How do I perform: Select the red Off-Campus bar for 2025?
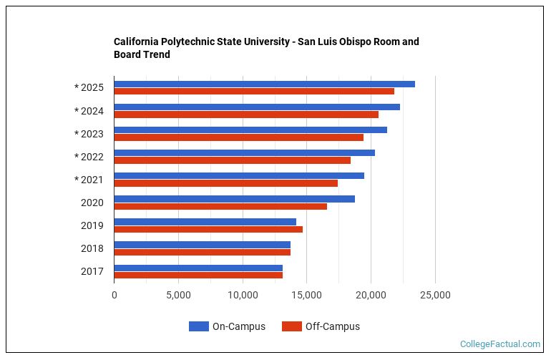pos(254,92)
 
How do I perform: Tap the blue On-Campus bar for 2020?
pos(234,199)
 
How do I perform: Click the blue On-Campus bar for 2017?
pos(198,268)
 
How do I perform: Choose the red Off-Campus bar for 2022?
pos(232,160)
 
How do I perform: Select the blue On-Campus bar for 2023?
pos(250,130)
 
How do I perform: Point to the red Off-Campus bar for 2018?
pos(202,252)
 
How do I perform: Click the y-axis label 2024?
pos(89,111)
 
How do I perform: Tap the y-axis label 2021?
pos(89,180)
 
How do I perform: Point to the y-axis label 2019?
pos(92,225)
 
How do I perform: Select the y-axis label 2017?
pos(92,271)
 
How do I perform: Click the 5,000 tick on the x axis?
pos(178,295)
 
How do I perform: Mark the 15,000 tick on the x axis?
pos(307,295)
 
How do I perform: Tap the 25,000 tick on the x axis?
pos(435,295)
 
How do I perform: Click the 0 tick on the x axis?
pos(114,295)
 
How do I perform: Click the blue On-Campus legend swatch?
pos(198,326)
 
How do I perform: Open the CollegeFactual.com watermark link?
pos(499,344)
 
